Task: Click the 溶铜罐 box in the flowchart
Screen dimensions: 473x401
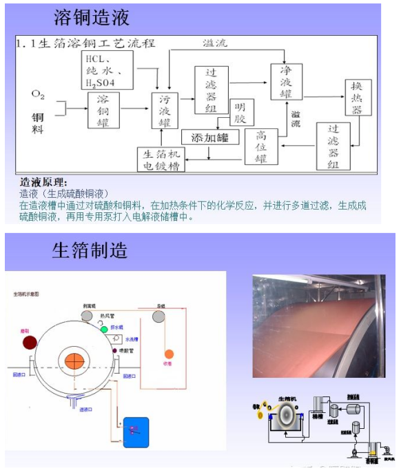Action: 103,110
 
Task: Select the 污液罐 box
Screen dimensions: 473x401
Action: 165,111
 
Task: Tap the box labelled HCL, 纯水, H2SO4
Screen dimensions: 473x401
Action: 103,70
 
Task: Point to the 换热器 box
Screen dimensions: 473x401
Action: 358,99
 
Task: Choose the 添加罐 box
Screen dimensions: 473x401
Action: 210,137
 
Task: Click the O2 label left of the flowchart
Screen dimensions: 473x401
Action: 39,94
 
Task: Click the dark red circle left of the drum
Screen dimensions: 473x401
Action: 30,343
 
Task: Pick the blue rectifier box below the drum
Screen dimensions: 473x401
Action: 136,432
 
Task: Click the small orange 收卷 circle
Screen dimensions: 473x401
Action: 168,354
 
